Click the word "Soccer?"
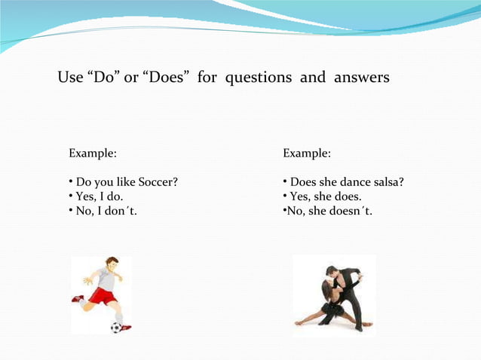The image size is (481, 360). coord(158,182)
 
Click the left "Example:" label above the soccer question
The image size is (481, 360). coord(93,154)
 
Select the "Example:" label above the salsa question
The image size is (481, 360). coord(307,154)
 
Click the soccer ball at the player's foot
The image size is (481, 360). coord(115,327)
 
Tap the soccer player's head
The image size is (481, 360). coord(112,264)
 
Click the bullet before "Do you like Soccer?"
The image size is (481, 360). coord(70,182)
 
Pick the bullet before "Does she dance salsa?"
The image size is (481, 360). coord(285,182)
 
